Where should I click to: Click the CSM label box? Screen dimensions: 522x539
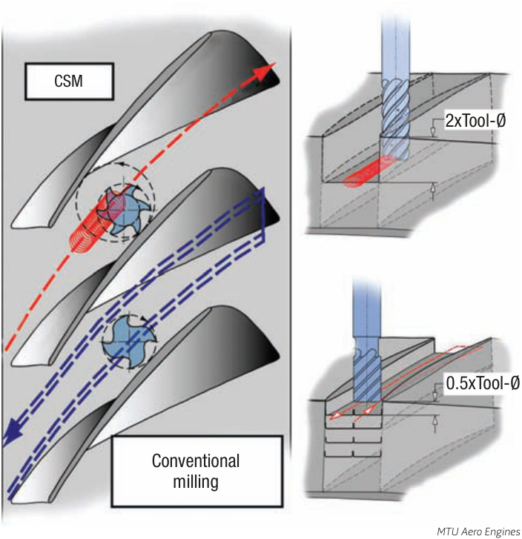69,82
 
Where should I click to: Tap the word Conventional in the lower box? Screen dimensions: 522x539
196,461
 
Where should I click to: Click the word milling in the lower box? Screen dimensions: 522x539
196,482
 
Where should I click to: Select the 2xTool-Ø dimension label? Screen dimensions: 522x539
475,121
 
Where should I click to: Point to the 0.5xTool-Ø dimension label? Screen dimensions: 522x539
483,383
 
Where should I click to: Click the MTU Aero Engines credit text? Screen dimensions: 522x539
478,532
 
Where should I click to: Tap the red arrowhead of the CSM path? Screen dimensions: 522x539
267,71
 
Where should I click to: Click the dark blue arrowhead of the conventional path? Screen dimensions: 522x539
10,434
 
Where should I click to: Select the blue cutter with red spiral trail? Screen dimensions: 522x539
119,211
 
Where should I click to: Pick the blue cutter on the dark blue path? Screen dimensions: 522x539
129,341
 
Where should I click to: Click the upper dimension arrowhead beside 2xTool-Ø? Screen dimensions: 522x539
433,132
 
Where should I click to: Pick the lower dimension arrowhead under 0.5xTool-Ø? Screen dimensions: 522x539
435,420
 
